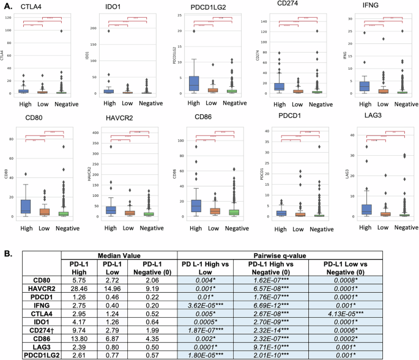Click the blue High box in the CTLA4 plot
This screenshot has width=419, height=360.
click(x=24, y=91)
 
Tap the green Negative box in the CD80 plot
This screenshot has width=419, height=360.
click(x=61, y=213)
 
